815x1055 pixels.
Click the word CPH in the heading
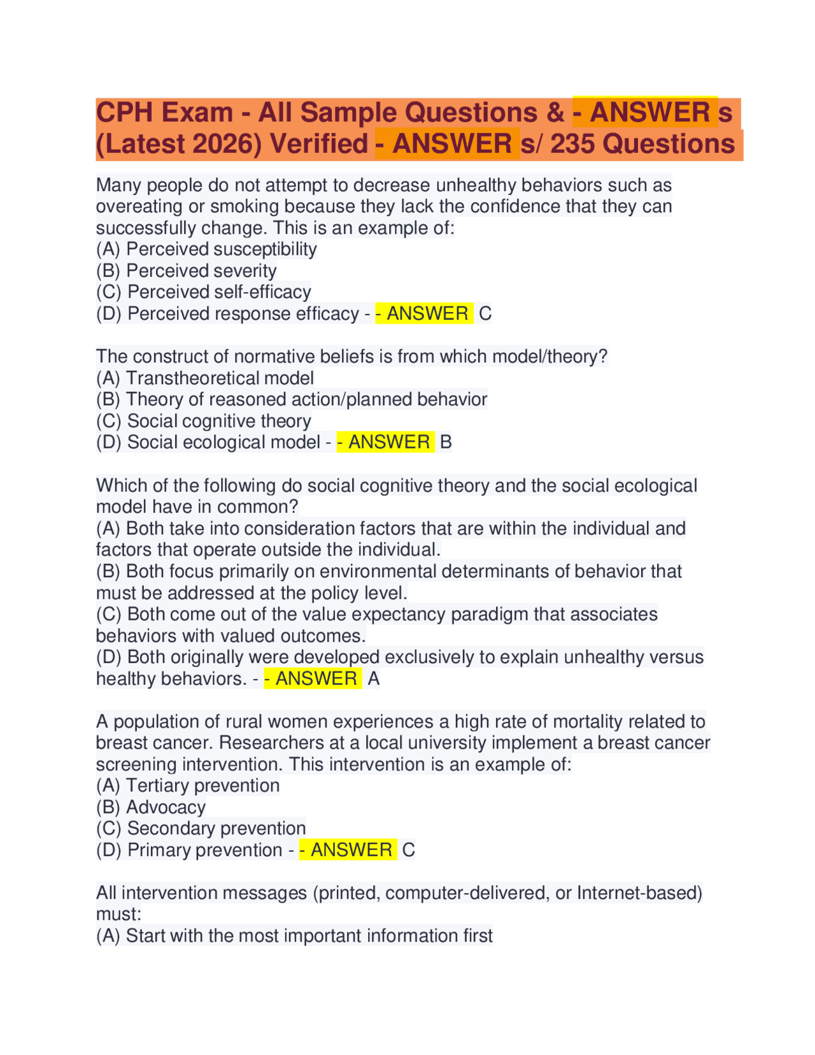pyautogui.click(x=124, y=113)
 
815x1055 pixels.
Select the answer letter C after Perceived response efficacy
pyautogui.click(x=485, y=313)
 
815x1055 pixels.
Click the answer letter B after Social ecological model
pyautogui.click(x=446, y=442)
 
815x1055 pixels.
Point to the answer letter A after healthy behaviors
pyautogui.click(x=374, y=678)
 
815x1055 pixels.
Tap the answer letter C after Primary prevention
pyautogui.click(x=409, y=850)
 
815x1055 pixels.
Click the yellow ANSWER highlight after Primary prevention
pyautogui.click(x=348, y=850)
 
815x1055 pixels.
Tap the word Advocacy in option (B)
pyautogui.click(x=166, y=807)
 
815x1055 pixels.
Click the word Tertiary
pyautogui.click(x=157, y=786)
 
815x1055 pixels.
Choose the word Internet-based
pyautogui.click(x=639, y=893)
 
